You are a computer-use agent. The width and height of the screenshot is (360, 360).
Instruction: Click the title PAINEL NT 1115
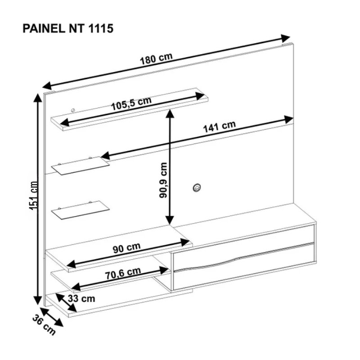pos(68,29)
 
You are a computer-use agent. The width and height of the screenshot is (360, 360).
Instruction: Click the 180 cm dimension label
pos(156,59)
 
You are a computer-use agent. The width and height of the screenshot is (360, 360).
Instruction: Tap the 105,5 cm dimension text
pos(131,103)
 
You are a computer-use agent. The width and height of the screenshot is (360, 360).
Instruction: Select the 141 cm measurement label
pos(220,126)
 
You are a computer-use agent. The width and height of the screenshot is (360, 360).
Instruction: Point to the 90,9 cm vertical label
pos(163,180)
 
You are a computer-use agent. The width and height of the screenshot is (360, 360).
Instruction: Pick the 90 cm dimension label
pos(126,248)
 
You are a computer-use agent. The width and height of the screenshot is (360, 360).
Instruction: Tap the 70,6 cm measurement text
pos(123,273)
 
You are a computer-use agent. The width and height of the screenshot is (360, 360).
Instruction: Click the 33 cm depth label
pos(81,298)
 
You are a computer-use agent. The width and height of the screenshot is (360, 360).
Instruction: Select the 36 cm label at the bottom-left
pos(44,325)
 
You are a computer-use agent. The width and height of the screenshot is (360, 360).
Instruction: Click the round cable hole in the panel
pos(197,188)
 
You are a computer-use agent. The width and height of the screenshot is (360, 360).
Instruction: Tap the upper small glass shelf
pos(81,166)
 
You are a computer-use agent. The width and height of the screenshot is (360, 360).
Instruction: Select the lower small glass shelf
pos(81,210)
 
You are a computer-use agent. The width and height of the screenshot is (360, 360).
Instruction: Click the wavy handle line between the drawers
pos(243,257)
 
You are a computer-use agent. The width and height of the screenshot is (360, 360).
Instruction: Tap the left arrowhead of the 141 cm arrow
pos(106,156)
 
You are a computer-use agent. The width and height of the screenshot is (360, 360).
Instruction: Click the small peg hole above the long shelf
pos(73,110)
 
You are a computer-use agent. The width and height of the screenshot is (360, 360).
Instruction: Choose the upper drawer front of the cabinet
pos(243,244)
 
